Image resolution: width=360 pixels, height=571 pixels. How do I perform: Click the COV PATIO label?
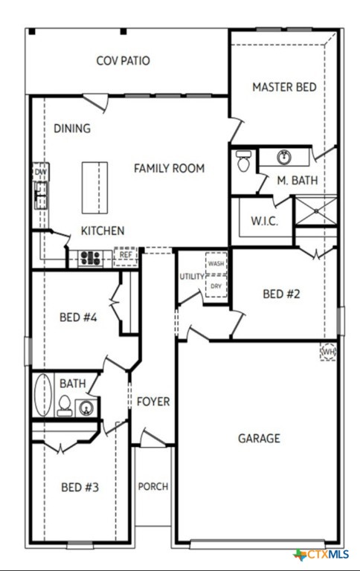(x=123, y=61)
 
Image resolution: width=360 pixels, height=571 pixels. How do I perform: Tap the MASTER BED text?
(x=284, y=87)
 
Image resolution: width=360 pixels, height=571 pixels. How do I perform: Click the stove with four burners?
(x=91, y=257)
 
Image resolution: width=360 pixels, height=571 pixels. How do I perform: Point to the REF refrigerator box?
(x=126, y=256)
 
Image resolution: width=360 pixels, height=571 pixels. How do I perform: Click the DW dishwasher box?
(x=41, y=172)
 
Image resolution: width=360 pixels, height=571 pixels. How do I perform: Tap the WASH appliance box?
(x=216, y=264)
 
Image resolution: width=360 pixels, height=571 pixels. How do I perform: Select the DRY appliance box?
(x=216, y=286)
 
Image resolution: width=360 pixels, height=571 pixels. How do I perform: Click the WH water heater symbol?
(x=328, y=351)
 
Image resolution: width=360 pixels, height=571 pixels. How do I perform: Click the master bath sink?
(x=284, y=157)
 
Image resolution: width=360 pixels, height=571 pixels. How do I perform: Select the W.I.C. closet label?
(x=264, y=221)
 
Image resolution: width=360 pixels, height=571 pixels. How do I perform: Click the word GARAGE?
(x=259, y=439)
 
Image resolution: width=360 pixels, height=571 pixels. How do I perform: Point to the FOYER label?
(x=153, y=402)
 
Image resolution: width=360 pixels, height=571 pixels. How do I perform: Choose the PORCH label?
(x=153, y=487)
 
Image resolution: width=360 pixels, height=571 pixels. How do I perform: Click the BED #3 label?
(x=80, y=488)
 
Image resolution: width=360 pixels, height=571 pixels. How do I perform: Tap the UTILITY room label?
(x=191, y=277)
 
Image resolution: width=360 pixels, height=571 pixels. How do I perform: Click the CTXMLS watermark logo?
(x=322, y=555)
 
